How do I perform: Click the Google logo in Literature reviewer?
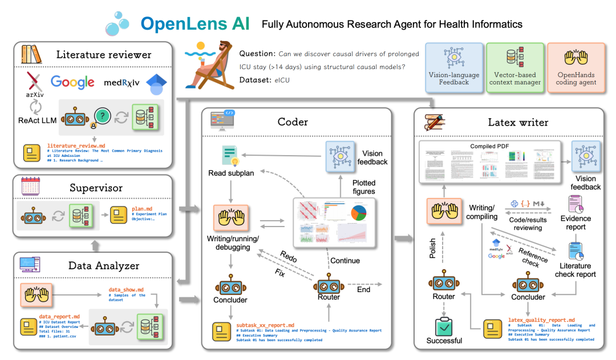click(72, 82)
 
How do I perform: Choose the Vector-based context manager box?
click(514, 67)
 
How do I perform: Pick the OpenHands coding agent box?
click(576, 67)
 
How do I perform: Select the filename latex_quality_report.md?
click(541, 320)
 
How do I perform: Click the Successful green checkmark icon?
click(444, 326)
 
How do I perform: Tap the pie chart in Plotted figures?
click(358, 213)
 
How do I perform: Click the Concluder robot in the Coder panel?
click(230, 288)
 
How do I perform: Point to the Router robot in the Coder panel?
click(329, 285)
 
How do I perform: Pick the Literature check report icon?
click(576, 252)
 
